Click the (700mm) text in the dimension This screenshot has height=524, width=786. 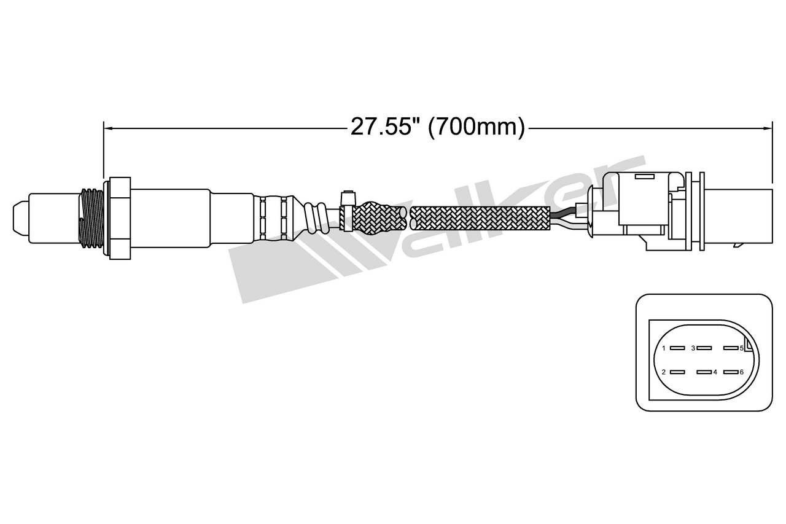pyautogui.click(x=477, y=127)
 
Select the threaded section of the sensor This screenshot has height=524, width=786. pyautogui.click(x=91, y=218)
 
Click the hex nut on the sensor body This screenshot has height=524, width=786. pyautogui.click(x=120, y=218)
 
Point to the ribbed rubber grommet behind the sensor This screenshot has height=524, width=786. pyautogui.click(x=316, y=218)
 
